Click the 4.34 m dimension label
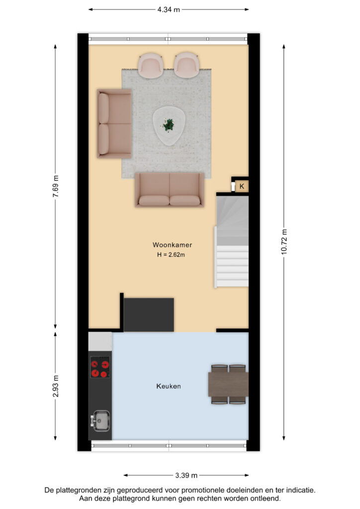click(x=169, y=10)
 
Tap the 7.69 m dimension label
click(x=56, y=186)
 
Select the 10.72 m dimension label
click(x=284, y=242)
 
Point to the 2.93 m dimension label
click(x=56, y=386)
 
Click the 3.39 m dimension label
click(x=186, y=476)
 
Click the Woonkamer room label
click(x=173, y=245)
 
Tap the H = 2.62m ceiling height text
click(x=171, y=255)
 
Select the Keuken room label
click(x=169, y=386)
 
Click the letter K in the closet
click(x=242, y=186)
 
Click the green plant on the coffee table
click(x=168, y=125)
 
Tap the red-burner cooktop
click(x=99, y=367)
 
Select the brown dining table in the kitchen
click(x=228, y=384)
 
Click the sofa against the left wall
click(x=114, y=124)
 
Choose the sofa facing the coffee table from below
click(x=170, y=189)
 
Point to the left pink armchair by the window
click(x=151, y=65)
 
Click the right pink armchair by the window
click(x=186, y=65)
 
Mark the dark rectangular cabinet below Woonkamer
click(x=149, y=315)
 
